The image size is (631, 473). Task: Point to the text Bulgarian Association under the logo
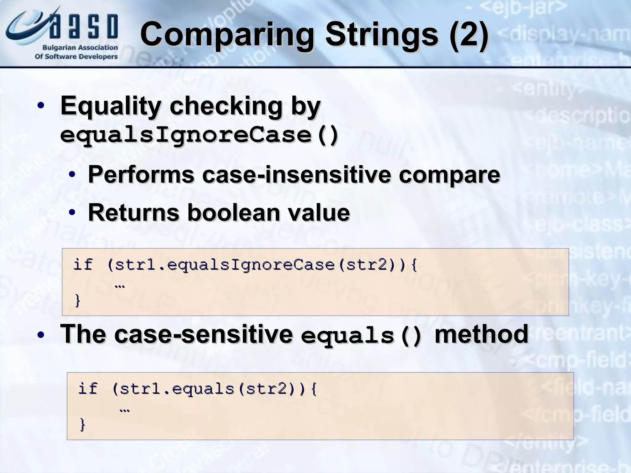[80, 48]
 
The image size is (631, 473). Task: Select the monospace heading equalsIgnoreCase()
[199, 135]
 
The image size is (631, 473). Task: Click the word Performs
[141, 175]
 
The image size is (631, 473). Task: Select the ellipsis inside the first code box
[120, 286]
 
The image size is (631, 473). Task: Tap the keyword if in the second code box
[88, 389]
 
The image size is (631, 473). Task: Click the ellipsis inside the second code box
[124, 410]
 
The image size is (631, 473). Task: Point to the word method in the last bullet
[481, 334]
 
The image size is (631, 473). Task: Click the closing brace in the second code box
[82, 425]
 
